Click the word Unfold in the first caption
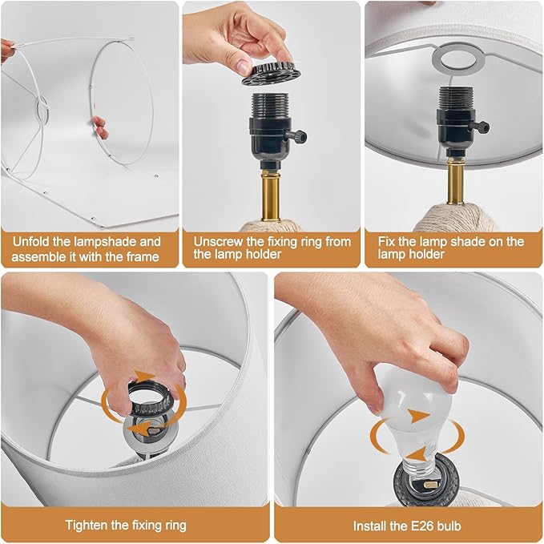[x=31, y=241]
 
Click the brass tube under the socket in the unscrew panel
[x=271, y=195]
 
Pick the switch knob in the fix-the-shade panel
[x=481, y=127]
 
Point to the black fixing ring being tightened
[x=150, y=399]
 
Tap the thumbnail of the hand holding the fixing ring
[x=244, y=66]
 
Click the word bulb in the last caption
[x=449, y=526]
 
